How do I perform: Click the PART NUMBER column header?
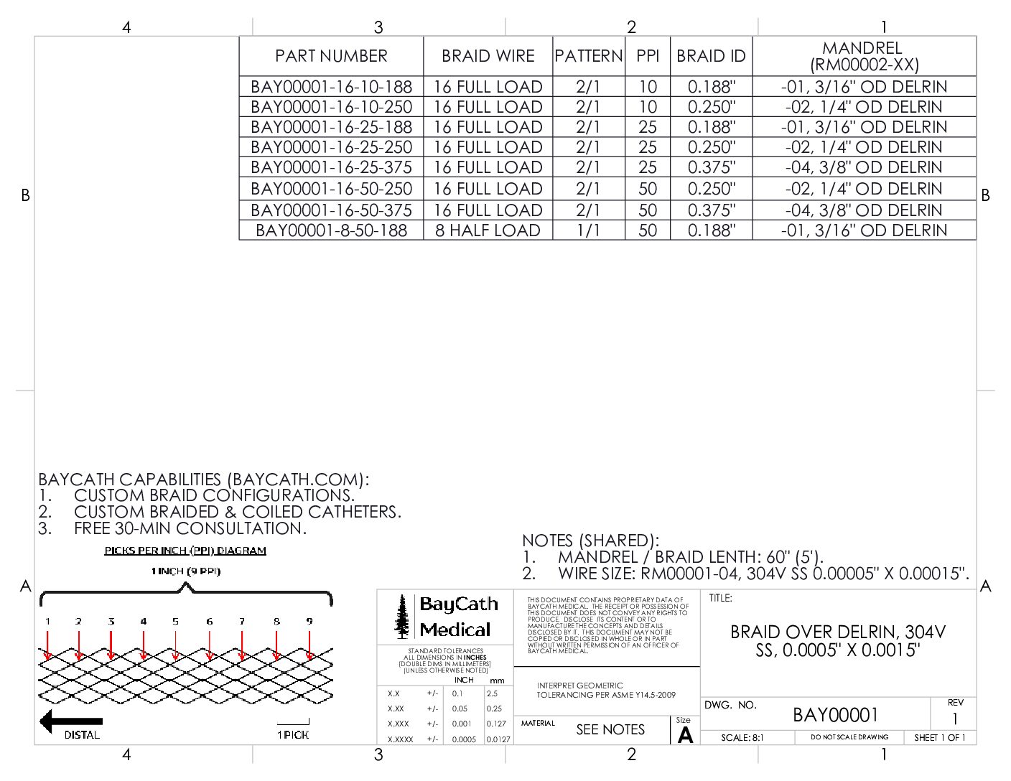pos(331,56)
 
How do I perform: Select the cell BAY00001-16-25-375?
pos(331,167)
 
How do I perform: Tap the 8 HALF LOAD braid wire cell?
pos(488,230)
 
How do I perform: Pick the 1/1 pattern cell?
pos(588,230)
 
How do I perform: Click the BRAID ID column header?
pos(711,56)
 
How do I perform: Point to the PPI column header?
pos(648,56)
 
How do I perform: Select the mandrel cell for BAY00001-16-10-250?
pos(864,107)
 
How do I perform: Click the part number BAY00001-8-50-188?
pos(331,230)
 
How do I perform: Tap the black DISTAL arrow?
pos(71,721)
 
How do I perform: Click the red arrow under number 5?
pos(176,645)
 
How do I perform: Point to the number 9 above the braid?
pos(309,621)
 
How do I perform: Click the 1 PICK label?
pos(293,734)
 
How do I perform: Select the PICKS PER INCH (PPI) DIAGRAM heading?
pos(185,551)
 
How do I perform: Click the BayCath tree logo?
pos(402,616)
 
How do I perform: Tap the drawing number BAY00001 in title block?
pos(835,715)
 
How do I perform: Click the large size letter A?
pos(686,735)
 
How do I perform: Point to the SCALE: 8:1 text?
pos(742,737)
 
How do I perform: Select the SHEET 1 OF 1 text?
pos(939,737)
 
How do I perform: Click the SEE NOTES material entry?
pos(610,729)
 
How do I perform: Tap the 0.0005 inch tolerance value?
pos(464,739)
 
